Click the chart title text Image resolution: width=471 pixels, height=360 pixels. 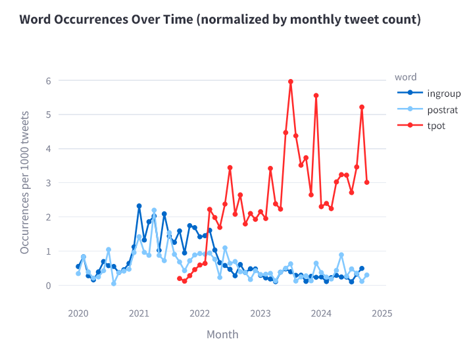[220, 19]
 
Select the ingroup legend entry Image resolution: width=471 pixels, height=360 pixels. [443, 93]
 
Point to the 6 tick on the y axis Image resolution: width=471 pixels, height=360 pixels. [48, 80]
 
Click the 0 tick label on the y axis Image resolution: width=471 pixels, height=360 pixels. [48, 285]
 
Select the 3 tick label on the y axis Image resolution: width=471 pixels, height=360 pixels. [48, 182]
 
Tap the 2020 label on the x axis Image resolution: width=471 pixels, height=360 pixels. [78, 313]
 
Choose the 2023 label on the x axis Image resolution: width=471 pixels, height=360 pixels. [260, 313]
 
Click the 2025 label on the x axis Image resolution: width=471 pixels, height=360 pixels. [382, 313]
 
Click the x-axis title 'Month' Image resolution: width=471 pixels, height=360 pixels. [222, 334]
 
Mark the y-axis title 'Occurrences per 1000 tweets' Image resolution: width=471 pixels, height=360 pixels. [24, 183]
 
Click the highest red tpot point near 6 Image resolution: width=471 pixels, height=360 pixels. [291, 82]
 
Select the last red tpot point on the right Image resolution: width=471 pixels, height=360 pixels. [366, 182]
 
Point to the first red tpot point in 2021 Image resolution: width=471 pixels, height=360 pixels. [180, 278]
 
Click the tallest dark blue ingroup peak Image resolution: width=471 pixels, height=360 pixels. [139, 206]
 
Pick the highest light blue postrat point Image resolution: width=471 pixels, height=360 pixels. [154, 210]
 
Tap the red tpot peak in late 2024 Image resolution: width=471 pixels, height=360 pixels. [362, 107]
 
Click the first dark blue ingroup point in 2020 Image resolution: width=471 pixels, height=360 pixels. [78, 267]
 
